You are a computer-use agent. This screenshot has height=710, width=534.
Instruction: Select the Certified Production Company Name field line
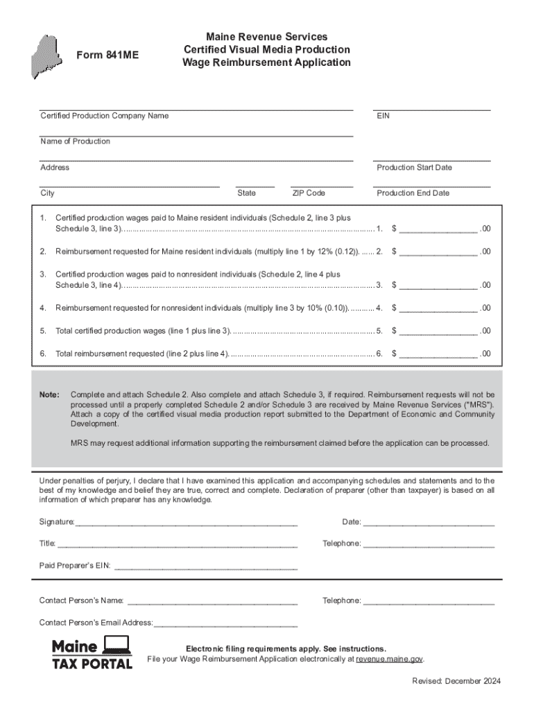click(196, 107)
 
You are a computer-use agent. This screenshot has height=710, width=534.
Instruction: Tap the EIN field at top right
click(431, 107)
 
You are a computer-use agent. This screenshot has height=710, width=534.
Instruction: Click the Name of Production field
click(196, 132)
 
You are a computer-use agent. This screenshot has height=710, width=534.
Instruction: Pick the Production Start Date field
click(431, 158)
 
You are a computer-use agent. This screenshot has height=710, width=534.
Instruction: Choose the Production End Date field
click(431, 184)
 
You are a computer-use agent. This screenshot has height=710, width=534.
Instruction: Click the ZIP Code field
click(321, 184)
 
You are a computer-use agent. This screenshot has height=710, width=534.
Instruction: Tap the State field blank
click(255, 184)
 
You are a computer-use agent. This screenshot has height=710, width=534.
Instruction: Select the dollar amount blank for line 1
click(438, 227)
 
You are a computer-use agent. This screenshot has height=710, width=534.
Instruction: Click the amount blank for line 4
click(438, 307)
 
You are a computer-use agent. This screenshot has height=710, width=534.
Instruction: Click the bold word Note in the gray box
click(49, 395)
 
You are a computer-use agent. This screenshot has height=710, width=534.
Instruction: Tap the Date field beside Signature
click(429, 521)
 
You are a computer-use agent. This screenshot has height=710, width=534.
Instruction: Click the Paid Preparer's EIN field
click(205, 565)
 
